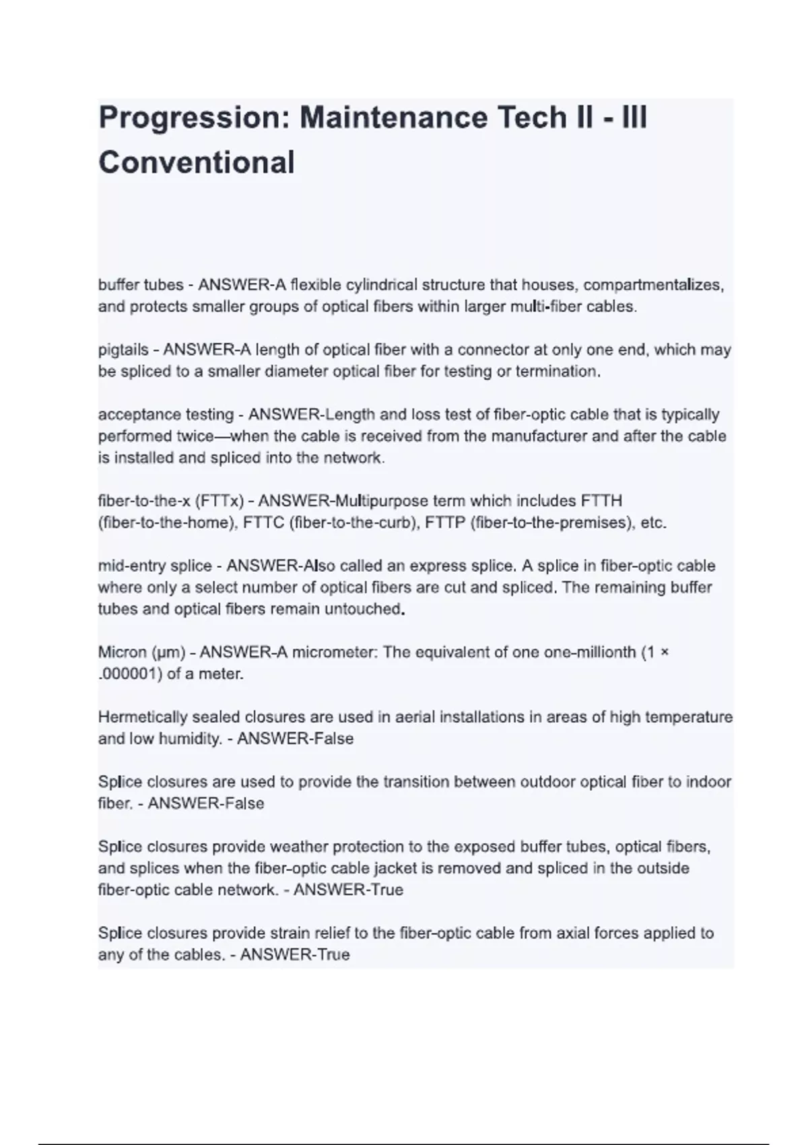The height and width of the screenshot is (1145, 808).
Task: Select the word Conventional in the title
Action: point(197,163)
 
